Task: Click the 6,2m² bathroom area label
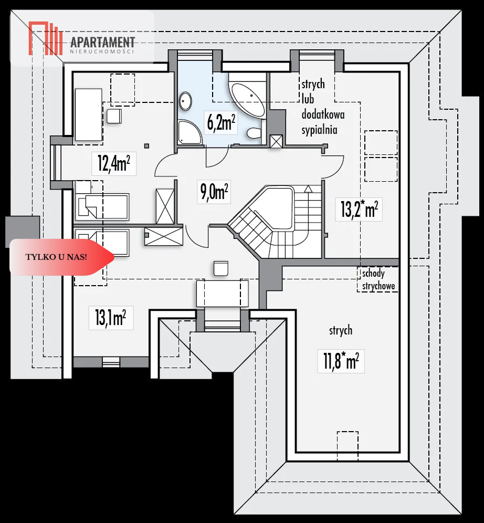coord(221,122)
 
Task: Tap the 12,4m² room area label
coord(114,163)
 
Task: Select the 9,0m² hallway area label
coord(214,192)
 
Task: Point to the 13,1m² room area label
coord(110,318)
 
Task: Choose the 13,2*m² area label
coord(359,209)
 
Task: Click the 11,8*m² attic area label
coord(341,361)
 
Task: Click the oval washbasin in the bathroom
coord(185,101)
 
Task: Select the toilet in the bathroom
coord(254,133)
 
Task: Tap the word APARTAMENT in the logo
coord(103,43)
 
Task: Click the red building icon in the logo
coord(46,38)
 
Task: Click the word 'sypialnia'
coord(319,130)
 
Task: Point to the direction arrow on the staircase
coord(308,189)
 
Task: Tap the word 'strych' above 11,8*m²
coord(341,330)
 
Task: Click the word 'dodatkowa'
coord(323,114)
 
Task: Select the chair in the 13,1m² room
coord(220,268)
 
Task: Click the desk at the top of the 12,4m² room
coord(89,114)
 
